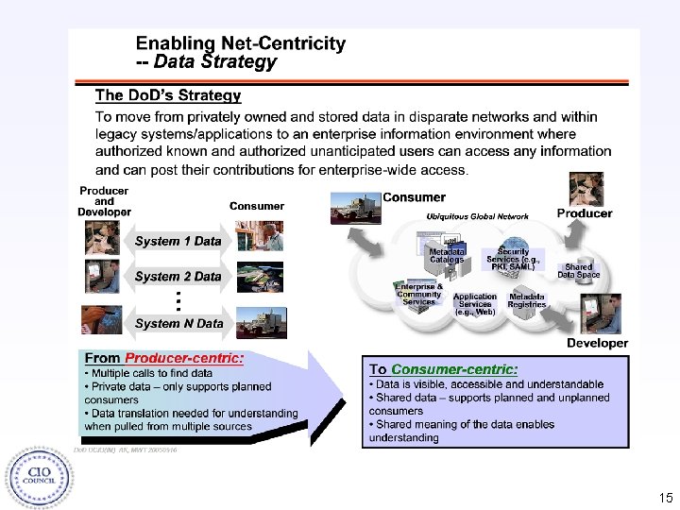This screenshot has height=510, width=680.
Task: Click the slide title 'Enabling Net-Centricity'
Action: tap(240, 43)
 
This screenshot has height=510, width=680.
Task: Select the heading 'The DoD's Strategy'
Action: tap(168, 95)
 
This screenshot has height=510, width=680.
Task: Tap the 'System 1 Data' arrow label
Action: tap(178, 241)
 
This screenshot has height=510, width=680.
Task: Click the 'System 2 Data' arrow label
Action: tap(178, 277)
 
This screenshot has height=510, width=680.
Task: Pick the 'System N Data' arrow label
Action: tap(178, 323)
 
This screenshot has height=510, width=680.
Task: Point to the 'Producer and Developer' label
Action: tap(104, 201)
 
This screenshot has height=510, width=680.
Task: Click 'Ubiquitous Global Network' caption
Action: tap(477, 216)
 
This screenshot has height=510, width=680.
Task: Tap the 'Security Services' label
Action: tap(513, 260)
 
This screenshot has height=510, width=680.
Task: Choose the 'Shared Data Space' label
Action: tap(578, 271)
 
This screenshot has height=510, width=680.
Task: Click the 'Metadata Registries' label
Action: tap(527, 300)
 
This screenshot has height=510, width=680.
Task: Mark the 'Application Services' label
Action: tap(474, 303)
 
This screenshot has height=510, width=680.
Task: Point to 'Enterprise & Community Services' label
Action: tap(418, 293)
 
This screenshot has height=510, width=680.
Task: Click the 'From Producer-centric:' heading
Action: tap(164, 358)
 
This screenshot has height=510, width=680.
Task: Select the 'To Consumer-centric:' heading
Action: tap(443, 369)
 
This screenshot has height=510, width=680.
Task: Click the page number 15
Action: tap(666, 497)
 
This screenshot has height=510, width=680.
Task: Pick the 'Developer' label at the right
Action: tap(597, 343)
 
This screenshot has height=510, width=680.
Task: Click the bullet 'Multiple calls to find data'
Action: tap(152, 373)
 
